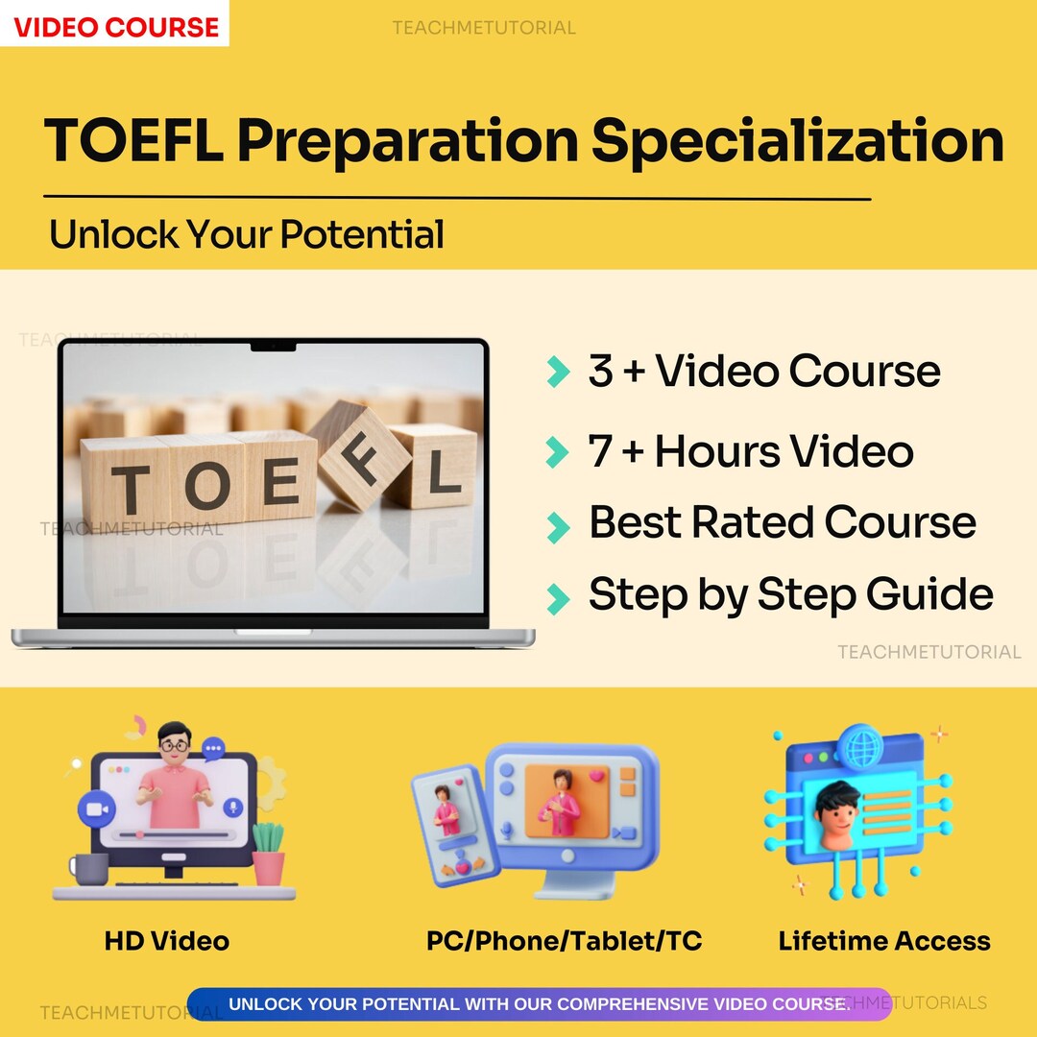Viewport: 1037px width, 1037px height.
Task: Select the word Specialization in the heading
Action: (x=797, y=141)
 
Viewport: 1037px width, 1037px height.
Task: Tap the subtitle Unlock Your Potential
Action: (x=247, y=234)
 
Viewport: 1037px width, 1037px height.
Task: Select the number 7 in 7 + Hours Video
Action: (x=600, y=452)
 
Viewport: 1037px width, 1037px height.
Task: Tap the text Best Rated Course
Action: (x=782, y=523)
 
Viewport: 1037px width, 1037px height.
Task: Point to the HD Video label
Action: (x=167, y=941)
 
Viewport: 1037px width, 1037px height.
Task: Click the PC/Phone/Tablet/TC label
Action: (x=564, y=941)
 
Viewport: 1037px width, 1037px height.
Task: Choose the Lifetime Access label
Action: (x=884, y=941)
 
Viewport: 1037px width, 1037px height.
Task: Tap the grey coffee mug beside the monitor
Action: (x=90, y=869)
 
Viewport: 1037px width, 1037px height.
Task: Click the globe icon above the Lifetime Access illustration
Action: (x=856, y=744)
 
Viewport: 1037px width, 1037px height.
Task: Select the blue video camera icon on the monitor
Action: (x=95, y=809)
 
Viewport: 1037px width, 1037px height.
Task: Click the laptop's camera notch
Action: (x=274, y=345)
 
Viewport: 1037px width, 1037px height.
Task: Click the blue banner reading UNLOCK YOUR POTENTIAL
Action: (x=538, y=1004)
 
